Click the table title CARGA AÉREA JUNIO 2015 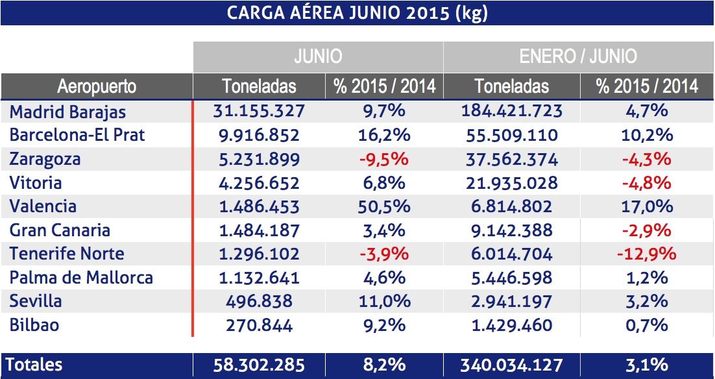coord(357,14)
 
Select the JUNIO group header coord(318,56)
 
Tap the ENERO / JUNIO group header coord(577,56)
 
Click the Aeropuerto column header coord(97,86)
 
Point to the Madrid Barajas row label coord(68,112)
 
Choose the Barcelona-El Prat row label coord(77,136)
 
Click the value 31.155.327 coord(259,111)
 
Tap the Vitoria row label coord(35,183)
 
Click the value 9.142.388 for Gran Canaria coord(511,230)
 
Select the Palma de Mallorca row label coord(81,278)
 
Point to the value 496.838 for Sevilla coord(259,301)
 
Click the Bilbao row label coord(34,324)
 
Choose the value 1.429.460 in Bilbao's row coord(511,324)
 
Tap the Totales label coord(36,364)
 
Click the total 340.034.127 coord(511,364)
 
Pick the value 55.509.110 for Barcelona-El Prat coord(511,136)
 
